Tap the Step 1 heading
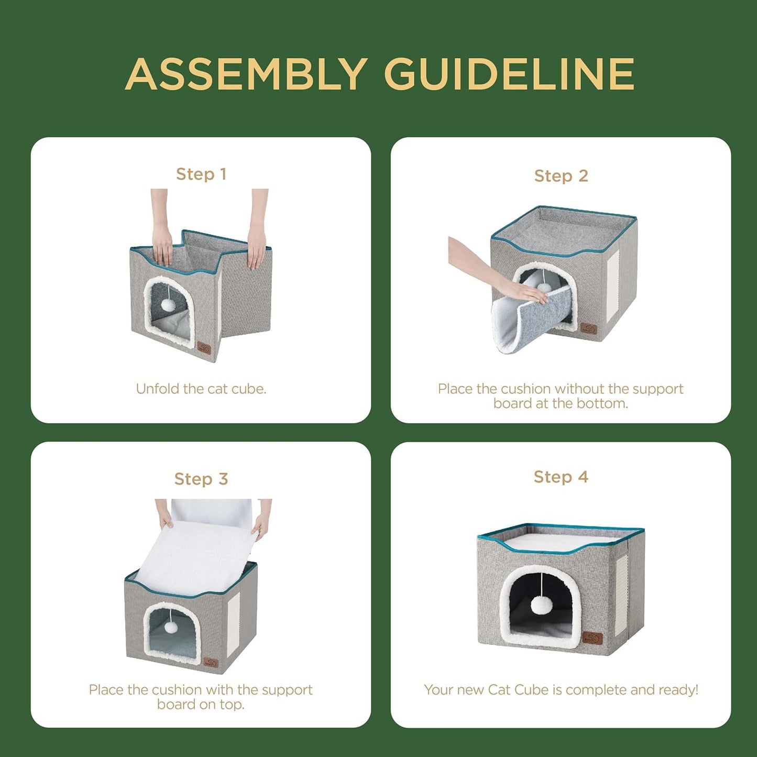201,174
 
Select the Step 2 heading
561,176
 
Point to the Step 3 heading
201,479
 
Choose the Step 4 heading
561,477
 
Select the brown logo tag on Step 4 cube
593,638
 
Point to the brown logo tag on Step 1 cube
204,348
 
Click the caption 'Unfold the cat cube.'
201,389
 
